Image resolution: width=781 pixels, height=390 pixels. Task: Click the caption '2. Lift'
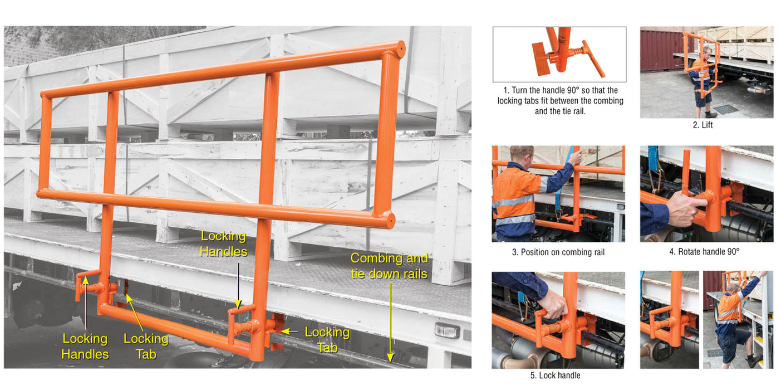pos(703,125)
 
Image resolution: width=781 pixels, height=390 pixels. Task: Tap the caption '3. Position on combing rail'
pos(558,252)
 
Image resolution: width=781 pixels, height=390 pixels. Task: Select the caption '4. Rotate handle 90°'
pos(704,252)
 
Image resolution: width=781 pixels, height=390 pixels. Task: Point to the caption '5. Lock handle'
pos(555,376)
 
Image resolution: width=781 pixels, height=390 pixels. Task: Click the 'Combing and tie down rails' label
pos(389,266)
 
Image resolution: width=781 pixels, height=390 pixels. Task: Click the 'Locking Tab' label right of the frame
pos(327,339)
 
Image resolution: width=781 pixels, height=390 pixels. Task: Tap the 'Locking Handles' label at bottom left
pos(85,346)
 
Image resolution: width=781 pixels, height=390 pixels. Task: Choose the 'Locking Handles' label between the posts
pos(223,243)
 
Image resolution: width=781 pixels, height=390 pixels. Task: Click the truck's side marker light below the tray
pos(446,330)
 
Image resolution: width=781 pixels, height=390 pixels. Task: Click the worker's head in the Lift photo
pos(706,51)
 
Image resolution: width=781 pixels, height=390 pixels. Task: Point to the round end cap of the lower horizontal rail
pos(390,221)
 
